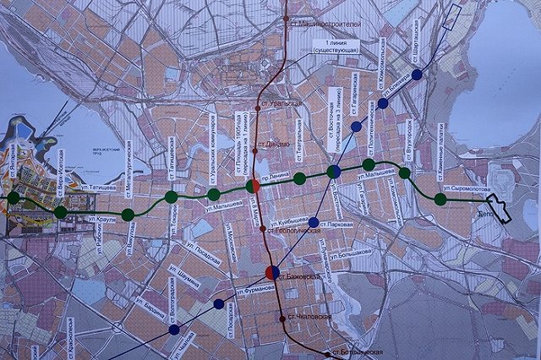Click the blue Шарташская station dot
[x=417, y=74]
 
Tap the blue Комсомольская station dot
[x=383, y=103]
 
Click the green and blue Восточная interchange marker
[x=334, y=172]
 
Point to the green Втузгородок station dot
[x=405, y=174]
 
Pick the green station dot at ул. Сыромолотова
[x=440, y=199]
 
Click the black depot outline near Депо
[x=499, y=208]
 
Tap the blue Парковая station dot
[x=314, y=222]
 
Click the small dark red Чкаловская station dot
[x=282, y=318]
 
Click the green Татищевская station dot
[x=172, y=197]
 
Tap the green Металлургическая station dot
[x=128, y=215]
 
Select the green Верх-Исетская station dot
[x=61, y=212]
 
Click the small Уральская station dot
[x=258, y=107]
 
